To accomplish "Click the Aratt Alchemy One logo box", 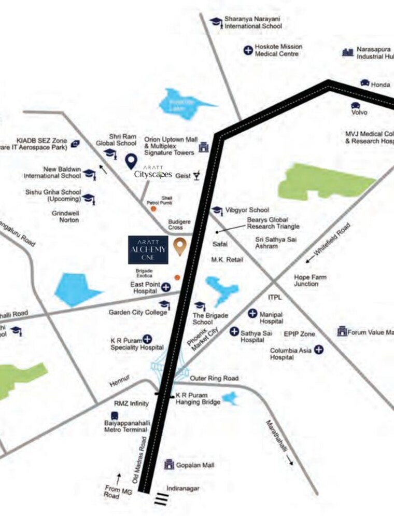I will [148, 250].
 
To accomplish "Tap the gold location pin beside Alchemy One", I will [180, 246].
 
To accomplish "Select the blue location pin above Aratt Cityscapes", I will [132, 162].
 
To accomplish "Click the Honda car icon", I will [365, 83].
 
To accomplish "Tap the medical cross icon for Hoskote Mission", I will [248, 50].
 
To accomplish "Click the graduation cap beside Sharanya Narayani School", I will [216, 22].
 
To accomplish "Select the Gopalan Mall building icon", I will [169, 465].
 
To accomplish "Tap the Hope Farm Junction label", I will [310, 281].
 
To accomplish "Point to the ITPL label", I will [275, 297].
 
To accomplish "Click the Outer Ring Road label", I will [214, 378].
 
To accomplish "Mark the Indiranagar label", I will [182, 489].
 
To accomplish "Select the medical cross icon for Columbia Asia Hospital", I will [319, 350].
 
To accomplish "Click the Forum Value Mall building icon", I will [342, 331].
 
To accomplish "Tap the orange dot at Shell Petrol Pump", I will [153, 208].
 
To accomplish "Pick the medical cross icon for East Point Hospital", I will [166, 287].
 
